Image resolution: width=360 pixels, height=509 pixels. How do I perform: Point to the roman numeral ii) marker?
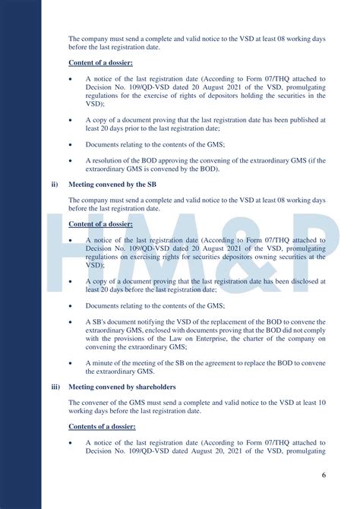tap(54, 184)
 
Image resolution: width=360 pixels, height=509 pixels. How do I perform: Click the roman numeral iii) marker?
tap(55, 386)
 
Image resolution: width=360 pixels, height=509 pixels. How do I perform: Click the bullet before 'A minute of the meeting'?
tap(71, 362)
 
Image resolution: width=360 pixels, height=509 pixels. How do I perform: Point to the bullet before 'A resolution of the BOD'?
tap(71, 160)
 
